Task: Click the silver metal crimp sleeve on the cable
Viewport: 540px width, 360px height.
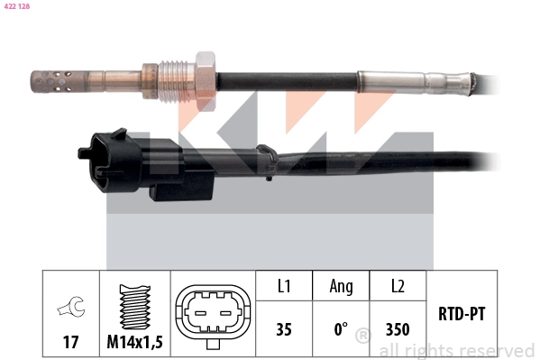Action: (x=410, y=82)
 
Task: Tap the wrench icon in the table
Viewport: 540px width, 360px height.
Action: (x=70, y=309)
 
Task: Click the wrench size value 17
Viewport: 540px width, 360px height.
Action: (x=69, y=342)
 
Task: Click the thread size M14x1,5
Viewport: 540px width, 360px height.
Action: (x=135, y=342)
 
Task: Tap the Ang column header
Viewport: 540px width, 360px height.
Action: (x=341, y=286)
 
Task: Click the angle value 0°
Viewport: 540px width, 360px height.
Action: (x=341, y=329)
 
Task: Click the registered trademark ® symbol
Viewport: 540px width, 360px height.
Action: (x=363, y=336)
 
